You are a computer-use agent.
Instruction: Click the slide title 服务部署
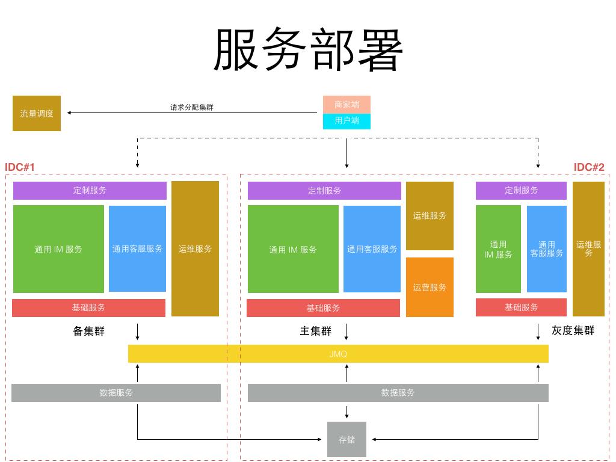point(308,51)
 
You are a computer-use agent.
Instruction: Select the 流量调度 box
point(37,113)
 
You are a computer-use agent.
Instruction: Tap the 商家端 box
point(346,105)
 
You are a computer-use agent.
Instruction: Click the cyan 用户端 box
point(346,121)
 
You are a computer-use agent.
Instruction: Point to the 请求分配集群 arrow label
point(191,108)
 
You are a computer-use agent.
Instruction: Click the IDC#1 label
point(20,167)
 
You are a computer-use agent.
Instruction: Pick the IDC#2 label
point(589,167)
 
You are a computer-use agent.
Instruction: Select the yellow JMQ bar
point(338,354)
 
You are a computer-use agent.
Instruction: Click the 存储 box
point(346,440)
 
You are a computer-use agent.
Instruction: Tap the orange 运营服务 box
point(430,287)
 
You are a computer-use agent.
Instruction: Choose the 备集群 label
point(88,331)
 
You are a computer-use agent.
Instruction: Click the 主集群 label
point(316,331)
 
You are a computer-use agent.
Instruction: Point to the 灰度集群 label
point(573,330)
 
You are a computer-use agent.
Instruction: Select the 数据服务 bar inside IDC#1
point(116,393)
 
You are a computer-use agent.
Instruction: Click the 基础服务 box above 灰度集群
point(521,307)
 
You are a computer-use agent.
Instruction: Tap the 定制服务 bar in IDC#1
point(90,191)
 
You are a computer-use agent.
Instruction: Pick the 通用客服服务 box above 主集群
point(372,249)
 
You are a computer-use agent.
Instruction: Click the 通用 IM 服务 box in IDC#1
point(58,249)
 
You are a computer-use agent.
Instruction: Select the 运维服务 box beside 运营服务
point(430,216)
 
